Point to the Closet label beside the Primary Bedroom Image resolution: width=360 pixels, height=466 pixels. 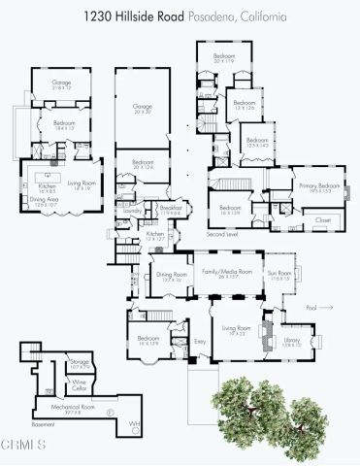pos(322,221)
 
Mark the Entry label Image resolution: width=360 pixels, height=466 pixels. pos(200,343)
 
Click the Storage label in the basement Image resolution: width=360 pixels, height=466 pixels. pos(80,364)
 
